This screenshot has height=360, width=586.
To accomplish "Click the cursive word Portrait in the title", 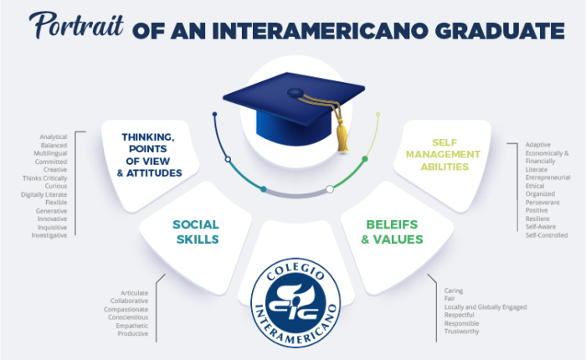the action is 76,25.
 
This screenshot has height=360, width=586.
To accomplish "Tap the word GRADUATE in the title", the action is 500,31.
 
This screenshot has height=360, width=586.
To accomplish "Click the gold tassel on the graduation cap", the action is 342,133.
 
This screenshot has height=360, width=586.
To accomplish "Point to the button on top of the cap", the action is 296,92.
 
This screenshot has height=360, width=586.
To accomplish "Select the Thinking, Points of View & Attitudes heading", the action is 149,155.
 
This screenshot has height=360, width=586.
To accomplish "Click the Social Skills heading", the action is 196,232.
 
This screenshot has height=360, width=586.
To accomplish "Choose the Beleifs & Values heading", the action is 392,232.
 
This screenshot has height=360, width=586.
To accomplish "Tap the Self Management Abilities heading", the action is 443,154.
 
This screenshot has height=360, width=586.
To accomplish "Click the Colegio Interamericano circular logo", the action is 296,303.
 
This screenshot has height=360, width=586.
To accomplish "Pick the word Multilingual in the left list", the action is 50,153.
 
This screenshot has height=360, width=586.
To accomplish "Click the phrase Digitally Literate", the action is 44,194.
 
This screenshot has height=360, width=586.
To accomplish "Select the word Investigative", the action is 49,235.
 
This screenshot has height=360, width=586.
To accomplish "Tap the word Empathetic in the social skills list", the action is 132,326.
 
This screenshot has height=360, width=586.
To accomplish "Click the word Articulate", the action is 134,293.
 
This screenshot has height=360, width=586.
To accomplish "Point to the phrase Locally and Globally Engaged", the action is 486,307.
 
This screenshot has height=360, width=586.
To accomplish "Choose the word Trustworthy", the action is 461,332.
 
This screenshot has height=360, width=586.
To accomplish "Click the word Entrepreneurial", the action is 547,177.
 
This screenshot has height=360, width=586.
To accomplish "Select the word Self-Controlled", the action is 547,235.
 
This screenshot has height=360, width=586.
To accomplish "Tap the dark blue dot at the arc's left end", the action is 214,114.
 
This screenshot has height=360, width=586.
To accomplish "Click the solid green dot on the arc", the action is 365,159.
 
